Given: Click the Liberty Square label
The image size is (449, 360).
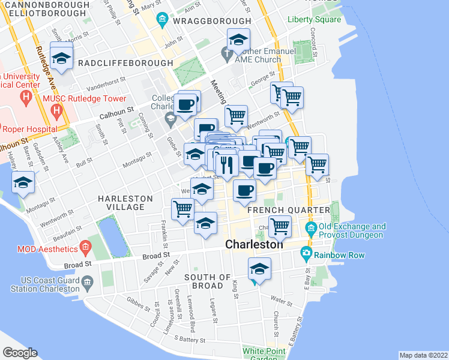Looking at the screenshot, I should pos(314,19).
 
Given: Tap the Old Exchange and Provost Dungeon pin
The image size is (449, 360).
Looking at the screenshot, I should pos(311,228).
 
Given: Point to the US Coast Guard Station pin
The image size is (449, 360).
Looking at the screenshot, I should pos(88,280).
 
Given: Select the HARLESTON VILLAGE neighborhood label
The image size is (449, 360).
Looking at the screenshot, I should pos(122,202).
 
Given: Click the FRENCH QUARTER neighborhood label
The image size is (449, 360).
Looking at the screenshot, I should pos(289,210).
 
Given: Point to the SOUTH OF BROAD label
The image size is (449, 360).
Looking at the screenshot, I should pos(208,281).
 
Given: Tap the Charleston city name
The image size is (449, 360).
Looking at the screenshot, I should pos(254,245).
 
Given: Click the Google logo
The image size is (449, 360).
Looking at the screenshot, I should pos(20,353).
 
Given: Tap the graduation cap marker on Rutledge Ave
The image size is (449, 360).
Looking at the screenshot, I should pos(61,58).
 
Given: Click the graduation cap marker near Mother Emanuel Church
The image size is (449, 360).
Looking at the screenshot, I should pos(238,40).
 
